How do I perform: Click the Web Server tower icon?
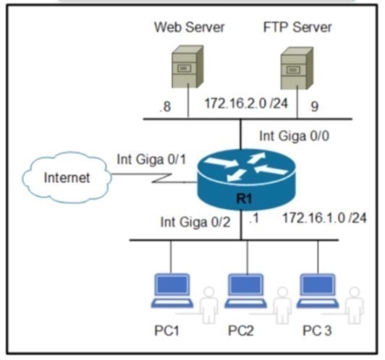pos(188,67)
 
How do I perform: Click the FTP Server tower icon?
pos(297,68)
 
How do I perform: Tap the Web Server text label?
pos(189,27)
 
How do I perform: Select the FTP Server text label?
pos(297,27)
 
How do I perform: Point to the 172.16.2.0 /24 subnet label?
pos(246,103)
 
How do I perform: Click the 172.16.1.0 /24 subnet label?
pos(325,218)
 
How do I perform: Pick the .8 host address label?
pos(165,107)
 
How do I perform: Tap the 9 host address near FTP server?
pos(315,106)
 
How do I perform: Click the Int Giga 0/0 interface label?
pos(294,136)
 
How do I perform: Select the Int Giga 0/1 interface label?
pos(151,160)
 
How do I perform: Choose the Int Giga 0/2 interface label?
pos(195,223)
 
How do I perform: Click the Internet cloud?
pos(67,177)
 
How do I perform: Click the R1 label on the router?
pos(244,198)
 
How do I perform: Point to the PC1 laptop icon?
pos(172,291)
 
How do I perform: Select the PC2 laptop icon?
pos(246,291)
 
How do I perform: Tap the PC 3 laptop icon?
pos(318,291)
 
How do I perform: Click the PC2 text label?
pos(240,330)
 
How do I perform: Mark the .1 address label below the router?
pos(254,218)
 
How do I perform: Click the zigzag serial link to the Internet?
pos(154,179)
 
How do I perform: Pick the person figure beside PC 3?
pos(354,306)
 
